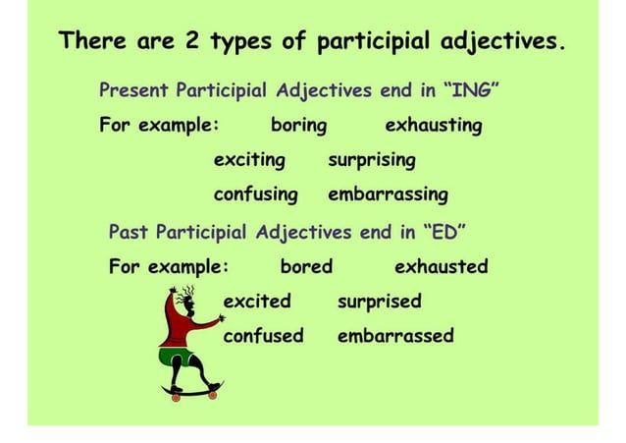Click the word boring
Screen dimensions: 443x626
(x=298, y=126)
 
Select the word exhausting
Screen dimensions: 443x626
(x=433, y=126)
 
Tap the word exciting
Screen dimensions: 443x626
(x=249, y=159)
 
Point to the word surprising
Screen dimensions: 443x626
(x=372, y=159)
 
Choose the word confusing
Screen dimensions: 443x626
(x=255, y=194)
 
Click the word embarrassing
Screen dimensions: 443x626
(x=388, y=194)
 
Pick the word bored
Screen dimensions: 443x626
(x=306, y=266)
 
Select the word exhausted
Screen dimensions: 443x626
(x=441, y=266)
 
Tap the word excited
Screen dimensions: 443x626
(x=257, y=301)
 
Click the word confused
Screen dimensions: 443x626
(x=263, y=335)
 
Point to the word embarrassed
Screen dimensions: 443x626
(x=395, y=335)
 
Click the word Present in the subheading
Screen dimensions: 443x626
(x=133, y=92)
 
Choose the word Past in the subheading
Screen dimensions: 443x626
(x=129, y=233)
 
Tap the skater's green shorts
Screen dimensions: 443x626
(x=178, y=355)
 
